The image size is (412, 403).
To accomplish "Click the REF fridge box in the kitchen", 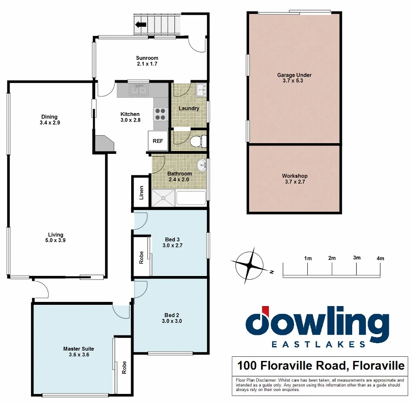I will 158,141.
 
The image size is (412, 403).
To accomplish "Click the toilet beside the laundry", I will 200,141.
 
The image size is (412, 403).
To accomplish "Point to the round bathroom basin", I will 201,165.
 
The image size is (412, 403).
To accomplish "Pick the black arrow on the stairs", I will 141,25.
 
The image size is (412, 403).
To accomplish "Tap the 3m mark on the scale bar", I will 357,258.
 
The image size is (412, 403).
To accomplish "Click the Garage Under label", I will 294,75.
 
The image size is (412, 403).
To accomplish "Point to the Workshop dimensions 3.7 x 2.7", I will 294,182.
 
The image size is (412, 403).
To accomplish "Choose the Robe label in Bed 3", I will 141,257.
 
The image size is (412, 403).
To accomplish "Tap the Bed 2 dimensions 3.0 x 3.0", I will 172,321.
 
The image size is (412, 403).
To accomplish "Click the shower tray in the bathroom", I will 163,198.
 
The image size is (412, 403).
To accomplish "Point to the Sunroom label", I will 147,58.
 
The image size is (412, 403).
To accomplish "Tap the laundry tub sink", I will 201,90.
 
